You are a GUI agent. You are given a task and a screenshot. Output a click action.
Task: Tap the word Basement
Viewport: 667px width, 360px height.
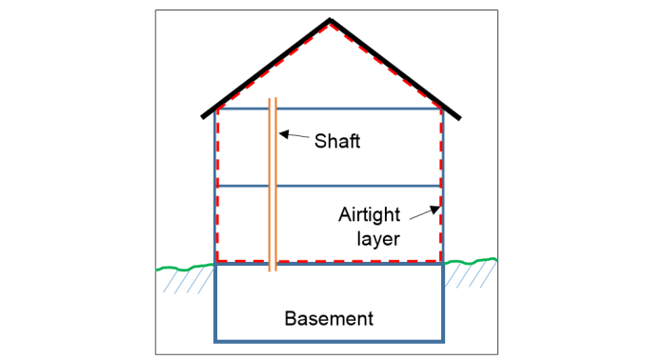pos(329,317)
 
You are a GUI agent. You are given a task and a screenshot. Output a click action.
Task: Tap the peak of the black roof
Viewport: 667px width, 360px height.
pos(330,20)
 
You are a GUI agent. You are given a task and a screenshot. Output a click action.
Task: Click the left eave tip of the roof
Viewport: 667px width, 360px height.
pos(203,117)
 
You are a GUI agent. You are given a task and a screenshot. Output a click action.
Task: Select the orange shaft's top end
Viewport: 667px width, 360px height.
pos(273,99)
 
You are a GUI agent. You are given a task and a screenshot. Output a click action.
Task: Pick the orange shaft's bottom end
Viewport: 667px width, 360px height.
pos(273,270)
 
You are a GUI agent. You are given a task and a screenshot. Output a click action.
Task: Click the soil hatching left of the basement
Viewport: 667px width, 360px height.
pos(187,282)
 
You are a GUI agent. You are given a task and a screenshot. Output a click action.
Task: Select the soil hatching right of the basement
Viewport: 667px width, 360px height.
pos(473,276)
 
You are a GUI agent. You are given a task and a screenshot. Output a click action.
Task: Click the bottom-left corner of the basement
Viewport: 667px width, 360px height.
pos(215,340)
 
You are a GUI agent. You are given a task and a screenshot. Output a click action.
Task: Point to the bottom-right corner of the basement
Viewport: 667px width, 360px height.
pos(444,340)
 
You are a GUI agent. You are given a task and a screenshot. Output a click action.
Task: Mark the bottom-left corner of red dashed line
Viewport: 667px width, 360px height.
pos(218,260)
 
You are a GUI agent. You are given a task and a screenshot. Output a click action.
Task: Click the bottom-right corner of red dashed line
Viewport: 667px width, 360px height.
pos(440,260)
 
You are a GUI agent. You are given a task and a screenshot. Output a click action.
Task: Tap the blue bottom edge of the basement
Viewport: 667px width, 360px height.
pos(330,340)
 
